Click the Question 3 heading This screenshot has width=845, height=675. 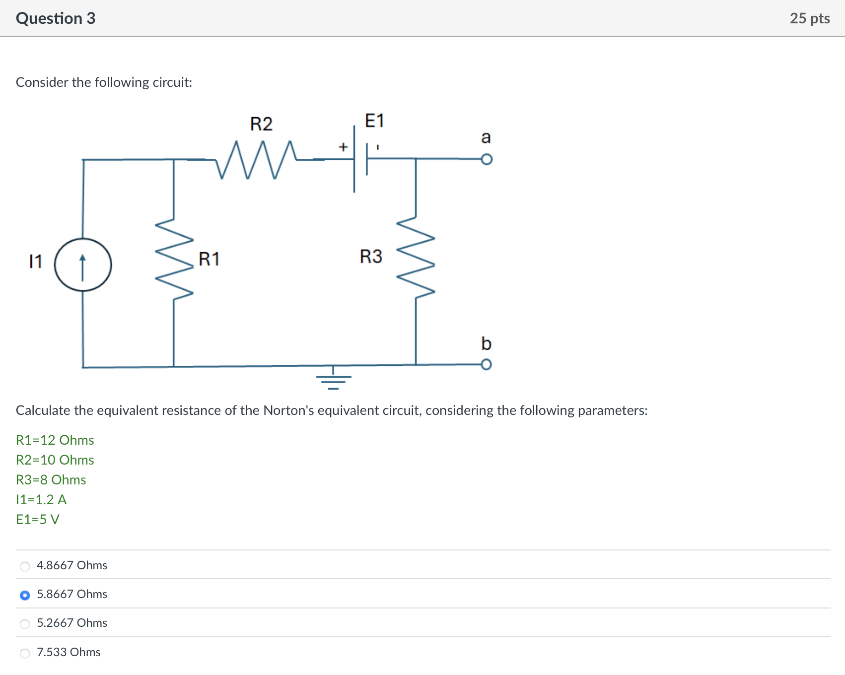(56, 18)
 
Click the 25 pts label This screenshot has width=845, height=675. (809, 18)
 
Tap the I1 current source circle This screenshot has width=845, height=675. (83, 265)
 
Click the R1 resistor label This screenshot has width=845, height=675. (209, 259)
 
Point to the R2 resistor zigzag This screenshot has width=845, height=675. (256, 159)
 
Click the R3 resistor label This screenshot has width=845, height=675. (371, 257)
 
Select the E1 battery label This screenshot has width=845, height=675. (374, 121)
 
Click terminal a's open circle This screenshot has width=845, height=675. (487, 159)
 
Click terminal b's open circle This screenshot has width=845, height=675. (487, 365)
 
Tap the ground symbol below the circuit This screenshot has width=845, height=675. (334, 380)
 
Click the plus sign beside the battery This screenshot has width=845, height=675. (343, 147)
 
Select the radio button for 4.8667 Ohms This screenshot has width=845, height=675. (25, 566)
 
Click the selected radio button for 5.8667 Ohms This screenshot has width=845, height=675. (25, 595)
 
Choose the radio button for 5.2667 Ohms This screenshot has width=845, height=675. (25, 624)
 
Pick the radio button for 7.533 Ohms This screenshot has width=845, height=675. (25, 653)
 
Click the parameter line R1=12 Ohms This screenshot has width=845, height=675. (55, 440)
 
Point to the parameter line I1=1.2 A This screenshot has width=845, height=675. (41, 500)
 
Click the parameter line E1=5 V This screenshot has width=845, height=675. (38, 520)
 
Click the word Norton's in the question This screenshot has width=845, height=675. (288, 410)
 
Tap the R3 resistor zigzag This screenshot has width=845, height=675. (416, 257)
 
